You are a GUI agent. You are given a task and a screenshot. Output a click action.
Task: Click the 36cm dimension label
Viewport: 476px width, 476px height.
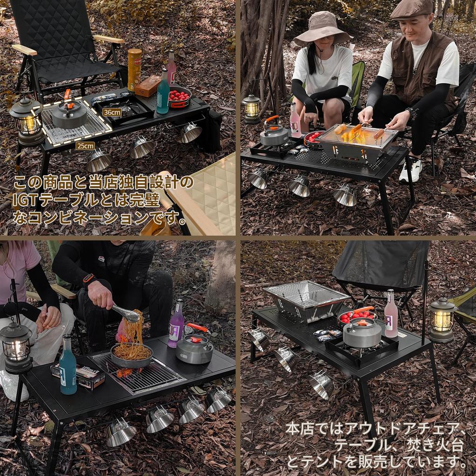[x=112, y=112]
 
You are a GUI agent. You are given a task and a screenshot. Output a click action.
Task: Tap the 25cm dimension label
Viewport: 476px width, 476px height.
[x=85, y=146]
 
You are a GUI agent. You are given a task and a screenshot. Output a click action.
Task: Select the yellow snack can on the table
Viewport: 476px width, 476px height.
[x=134, y=70]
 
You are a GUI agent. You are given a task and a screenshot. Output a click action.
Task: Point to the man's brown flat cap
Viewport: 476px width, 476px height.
[x=412, y=9]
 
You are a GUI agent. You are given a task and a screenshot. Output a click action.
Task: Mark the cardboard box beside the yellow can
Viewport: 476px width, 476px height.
[x=148, y=86]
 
